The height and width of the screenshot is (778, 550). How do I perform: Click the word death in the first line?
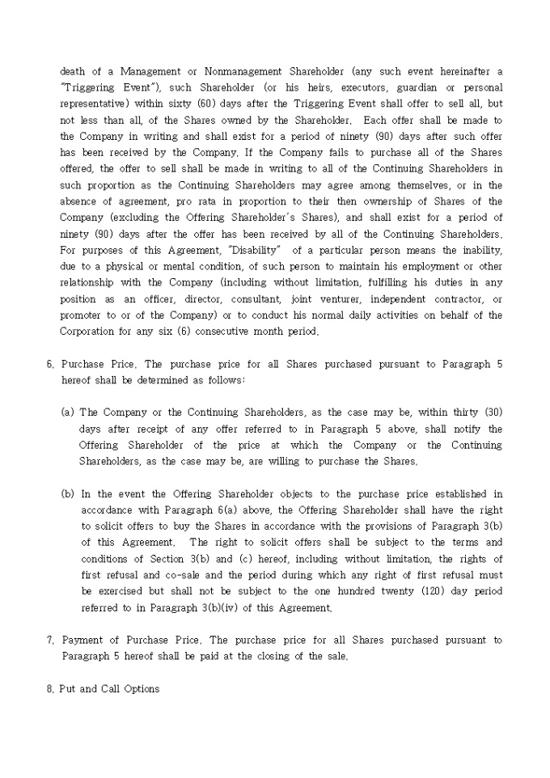(x=73, y=72)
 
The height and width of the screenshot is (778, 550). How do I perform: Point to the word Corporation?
(x=90, y=331)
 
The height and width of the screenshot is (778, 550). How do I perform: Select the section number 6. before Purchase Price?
(x=51, y=364)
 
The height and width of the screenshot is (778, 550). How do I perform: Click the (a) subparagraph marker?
(x=68, y=412)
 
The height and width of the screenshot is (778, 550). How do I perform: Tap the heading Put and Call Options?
(x=109, y=689)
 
